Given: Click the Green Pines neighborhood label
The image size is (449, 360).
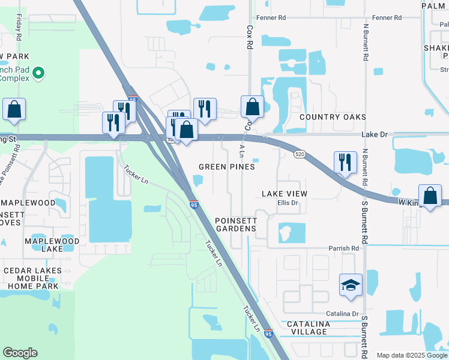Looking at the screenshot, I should pyautogui.click(x=227, y=167).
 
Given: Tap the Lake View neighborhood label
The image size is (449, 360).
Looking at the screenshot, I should pyautogui.click(x=285, y=193).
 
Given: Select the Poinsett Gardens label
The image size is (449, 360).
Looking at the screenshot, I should pyautogui.click(x=236, y=224).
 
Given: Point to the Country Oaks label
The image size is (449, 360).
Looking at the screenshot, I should pyautogui.click(x=333, y=117).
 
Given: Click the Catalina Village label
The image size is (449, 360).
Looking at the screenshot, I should pyautogui.click(x=308, y=328).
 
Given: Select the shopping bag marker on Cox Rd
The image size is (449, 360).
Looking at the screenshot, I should pyautogui.click(x=253, y=107).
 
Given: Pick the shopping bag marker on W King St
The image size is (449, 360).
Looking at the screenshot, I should pyautogui.click(x=430, y=196).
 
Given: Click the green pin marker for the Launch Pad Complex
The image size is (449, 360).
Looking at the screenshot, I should pyautogui.click(x=39, y=73).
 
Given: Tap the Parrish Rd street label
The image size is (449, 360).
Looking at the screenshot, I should pyautogui.click(x=343, y=248).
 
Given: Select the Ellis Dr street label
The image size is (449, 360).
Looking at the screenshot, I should pyautogui.click(x=288, y=203).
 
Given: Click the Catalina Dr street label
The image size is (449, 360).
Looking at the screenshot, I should pyautogui.click(x=342, y=314).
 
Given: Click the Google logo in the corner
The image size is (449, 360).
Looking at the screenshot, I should pyautogui.click(x=20, y=353).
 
